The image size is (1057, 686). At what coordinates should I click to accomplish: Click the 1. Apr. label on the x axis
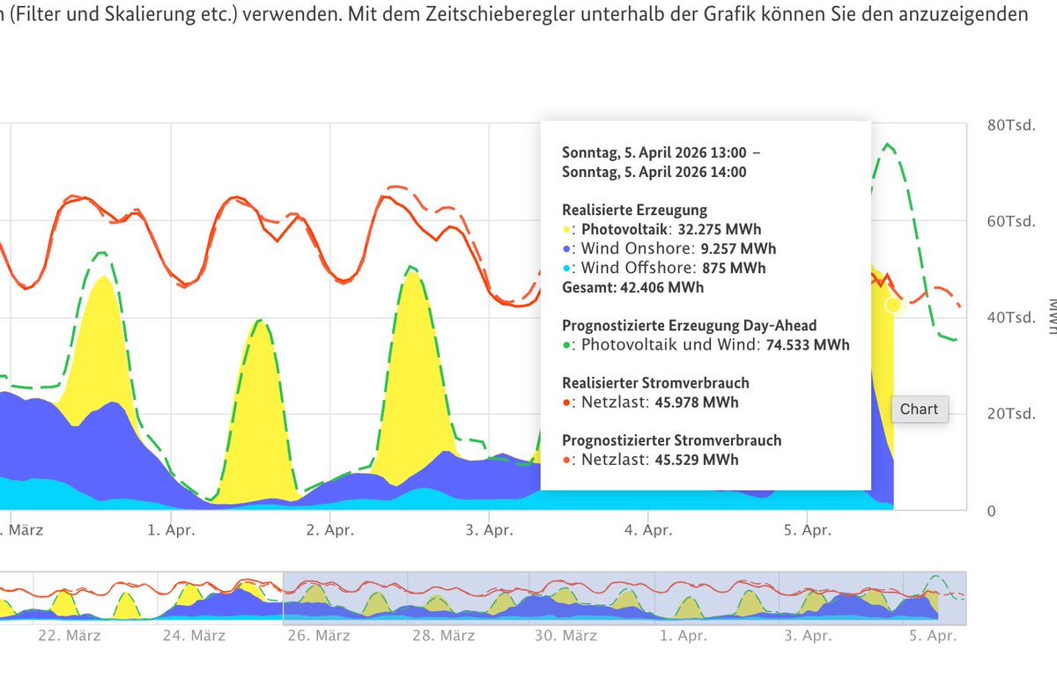(171, 530)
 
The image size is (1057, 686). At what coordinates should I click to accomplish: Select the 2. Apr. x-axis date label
(330, 530)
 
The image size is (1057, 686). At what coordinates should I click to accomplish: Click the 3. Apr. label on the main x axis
(489, 530)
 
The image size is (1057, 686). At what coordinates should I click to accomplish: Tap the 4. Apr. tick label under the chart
(648, 530)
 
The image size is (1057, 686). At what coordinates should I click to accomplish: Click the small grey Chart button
(919, 409)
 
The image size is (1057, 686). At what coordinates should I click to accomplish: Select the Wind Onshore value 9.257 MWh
(738, 248)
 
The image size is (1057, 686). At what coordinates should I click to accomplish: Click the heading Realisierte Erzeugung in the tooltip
(634, 210)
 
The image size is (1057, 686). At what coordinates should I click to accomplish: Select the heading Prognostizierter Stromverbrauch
(671, 440)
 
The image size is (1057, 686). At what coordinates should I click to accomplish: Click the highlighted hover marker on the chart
(894, 305)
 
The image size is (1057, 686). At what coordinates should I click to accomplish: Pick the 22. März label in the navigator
(70, 635)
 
